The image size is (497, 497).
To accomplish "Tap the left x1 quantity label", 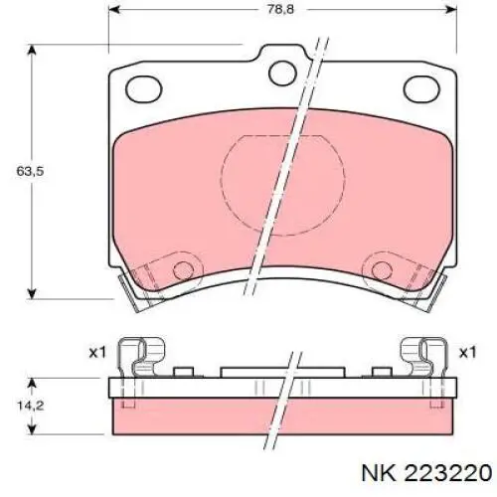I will (x=96, y=352).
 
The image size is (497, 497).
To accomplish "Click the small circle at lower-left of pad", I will (x=182, y=269).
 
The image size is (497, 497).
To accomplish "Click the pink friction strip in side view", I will (x=282, y=418).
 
